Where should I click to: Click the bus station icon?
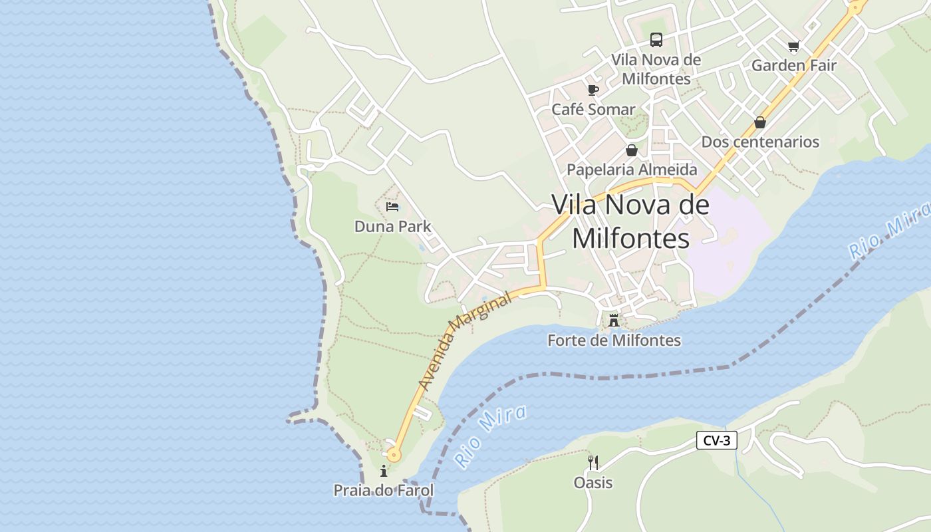point(656,40)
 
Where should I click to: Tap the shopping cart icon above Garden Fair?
point(793,46)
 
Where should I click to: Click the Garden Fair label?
point(793,65)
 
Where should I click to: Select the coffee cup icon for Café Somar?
point(593,90)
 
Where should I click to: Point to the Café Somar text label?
point(593,109)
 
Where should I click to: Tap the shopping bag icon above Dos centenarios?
point(760,122)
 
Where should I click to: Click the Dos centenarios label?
point(760,142)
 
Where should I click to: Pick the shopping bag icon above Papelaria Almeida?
point(632,150)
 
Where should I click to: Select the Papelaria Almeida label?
point(632,170)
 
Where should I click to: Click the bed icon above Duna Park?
point(392,207)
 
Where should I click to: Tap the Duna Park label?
point(392,226)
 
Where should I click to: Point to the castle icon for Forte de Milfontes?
point(614,321)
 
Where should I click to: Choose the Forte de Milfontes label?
point(614,340)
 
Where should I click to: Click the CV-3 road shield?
point(717,440)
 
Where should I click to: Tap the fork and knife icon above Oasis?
point(593,462)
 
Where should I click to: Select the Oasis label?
point(593,482)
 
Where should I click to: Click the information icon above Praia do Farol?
point(384,471)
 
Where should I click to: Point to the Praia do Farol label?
point(384,491)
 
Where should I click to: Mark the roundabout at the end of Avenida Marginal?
point(394,456)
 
